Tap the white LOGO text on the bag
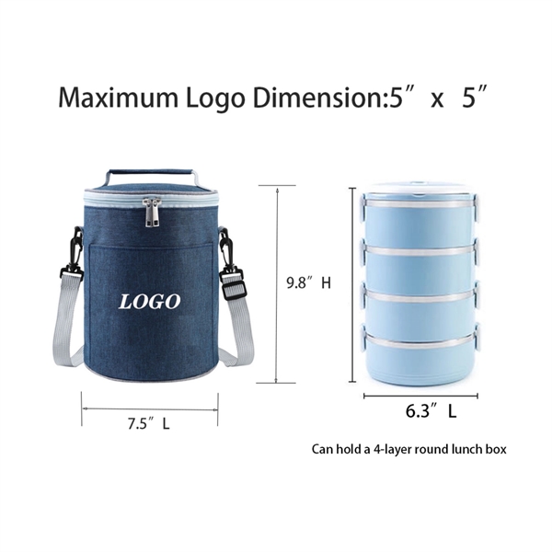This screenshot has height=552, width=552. point(150,301)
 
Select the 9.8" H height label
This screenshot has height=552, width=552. point(307,284)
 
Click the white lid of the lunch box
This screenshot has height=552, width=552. point(420,195)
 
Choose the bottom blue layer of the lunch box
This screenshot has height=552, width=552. point(420,355)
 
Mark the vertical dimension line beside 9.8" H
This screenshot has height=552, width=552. point(277,283)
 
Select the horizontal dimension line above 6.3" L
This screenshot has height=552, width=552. point(420,397)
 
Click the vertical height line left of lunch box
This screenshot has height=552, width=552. point(353,283)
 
